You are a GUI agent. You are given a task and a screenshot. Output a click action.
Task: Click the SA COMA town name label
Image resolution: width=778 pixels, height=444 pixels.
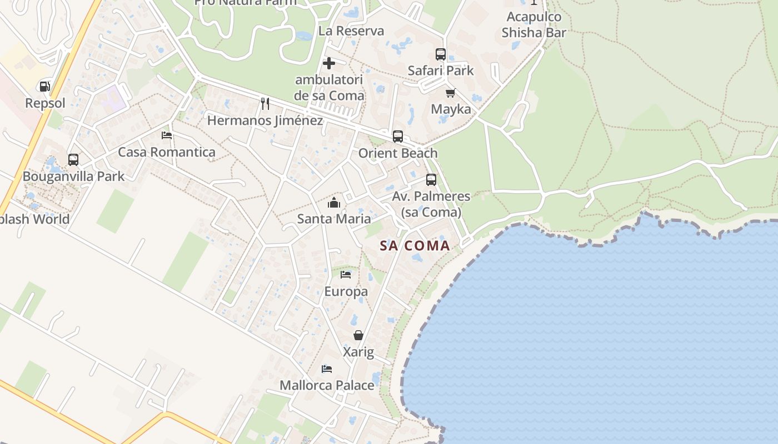coord(415,245)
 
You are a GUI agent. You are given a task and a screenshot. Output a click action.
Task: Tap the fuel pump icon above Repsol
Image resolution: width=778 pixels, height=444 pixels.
coord(45,87)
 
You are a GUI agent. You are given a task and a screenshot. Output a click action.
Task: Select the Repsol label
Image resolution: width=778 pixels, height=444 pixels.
coord(45,103)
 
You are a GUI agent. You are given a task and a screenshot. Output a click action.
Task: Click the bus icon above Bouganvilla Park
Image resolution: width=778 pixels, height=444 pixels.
coord(73,160)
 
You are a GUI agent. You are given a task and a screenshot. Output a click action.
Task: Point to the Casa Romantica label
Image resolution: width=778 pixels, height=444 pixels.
coord(167,152)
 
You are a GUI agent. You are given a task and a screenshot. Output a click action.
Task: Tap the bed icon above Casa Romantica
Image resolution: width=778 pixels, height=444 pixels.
coord(167,135)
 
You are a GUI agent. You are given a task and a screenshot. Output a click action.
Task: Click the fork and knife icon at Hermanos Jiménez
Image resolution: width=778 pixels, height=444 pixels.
coord(265,104)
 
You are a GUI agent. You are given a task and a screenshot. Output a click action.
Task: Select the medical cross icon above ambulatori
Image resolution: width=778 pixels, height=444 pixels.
coord(329,63)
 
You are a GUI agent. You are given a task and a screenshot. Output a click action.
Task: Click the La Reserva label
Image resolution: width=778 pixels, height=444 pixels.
coord(351,31)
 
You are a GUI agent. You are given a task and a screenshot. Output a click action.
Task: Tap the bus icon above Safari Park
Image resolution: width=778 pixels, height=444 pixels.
coord(441,54)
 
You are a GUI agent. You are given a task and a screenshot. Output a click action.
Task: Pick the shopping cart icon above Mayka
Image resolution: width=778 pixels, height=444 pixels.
coord(451,93)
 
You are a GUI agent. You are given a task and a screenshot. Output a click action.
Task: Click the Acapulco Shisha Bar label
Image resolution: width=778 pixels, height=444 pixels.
coord(533,25)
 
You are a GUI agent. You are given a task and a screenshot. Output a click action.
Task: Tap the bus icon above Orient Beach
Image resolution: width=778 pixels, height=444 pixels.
coord(398,137)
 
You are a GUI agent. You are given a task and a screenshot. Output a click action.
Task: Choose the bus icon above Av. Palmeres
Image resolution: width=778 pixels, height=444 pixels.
coord(431,180)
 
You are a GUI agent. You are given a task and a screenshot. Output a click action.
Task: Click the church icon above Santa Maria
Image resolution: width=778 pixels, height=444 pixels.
coord(334,203)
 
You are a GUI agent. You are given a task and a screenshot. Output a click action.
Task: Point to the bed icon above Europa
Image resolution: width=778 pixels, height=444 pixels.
coord(346,275)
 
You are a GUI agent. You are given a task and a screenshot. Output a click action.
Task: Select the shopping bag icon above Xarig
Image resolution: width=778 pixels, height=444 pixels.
coord(358,335)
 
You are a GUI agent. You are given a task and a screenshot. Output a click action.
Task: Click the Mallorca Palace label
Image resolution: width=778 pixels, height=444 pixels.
coord(327,385)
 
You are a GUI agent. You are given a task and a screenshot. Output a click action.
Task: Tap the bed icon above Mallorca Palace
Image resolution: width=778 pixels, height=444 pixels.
coord(327,369)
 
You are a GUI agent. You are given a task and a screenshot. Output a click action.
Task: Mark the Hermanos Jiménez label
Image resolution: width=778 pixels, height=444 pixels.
coord(265,120)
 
